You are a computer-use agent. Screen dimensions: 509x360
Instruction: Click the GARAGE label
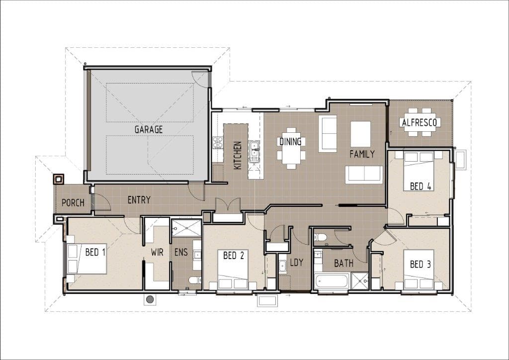click(148, 129)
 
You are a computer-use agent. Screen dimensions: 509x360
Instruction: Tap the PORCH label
click(73, 203)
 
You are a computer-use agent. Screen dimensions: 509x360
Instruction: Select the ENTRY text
click(139, 200)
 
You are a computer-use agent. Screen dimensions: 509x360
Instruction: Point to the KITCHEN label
click(238, 155)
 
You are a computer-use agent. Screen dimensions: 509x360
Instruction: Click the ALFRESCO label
click(420, 122)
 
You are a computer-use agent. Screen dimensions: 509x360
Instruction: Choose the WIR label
click(157, 252)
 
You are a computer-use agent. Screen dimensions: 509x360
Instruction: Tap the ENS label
click(181, 252)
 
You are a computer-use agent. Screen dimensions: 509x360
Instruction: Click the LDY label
click(296, 262)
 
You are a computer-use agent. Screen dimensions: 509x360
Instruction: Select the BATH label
click(344, 263)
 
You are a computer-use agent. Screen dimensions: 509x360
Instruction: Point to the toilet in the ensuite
click(194, 280)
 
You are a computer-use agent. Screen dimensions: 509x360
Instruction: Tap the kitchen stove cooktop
click(218, 143)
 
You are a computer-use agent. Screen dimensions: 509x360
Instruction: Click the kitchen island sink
click(254, 151)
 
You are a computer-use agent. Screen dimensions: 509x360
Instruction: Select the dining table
click(291, 148)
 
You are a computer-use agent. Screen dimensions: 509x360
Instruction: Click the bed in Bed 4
click(419, 171)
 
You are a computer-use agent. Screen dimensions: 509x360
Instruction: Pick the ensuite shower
click(186, 228)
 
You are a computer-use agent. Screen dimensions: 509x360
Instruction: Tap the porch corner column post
click(59, 179)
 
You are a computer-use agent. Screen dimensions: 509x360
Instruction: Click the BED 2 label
click(234, 256)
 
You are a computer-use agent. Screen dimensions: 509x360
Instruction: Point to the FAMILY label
click(362, 154)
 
